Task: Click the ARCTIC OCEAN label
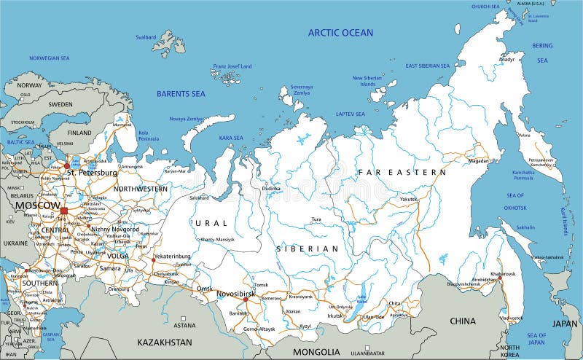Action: point(340,33)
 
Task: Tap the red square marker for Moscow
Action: point(63,211)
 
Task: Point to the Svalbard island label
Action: point(146,37)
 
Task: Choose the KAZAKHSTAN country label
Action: point(165,342)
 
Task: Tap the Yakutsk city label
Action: point(409,199)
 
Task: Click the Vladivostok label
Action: point(511,318)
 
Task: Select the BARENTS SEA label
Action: point(181,94)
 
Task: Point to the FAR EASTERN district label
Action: point(401,173)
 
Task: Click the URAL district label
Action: point(212,222)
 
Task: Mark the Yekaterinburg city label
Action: point(171,257)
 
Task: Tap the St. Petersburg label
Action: point(92,173)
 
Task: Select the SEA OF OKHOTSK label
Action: point(515,202)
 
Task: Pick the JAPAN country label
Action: point(564,323)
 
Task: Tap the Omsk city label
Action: point(204,289)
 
